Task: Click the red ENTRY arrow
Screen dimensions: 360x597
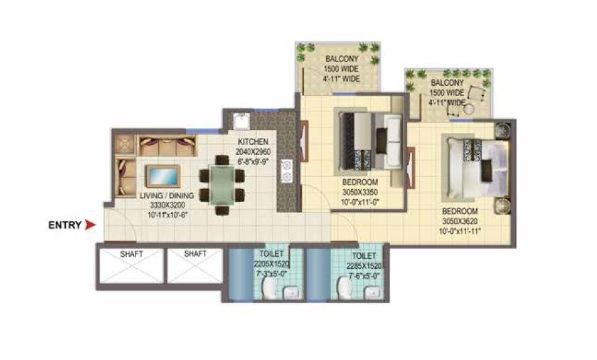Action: click(89, 226)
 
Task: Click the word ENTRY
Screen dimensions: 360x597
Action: click(64, 226)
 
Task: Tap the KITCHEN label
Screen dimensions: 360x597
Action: click(253, 142)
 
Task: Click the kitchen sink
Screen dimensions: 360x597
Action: click(240, 122)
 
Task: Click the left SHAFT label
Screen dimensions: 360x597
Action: click(130, 253)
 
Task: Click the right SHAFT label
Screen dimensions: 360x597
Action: click(195, 253)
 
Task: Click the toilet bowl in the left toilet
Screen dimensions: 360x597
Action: click(268, 287)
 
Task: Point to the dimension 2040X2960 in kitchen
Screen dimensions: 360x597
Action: click(253, 152)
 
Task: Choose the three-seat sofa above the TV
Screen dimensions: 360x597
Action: click(168, 145)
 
